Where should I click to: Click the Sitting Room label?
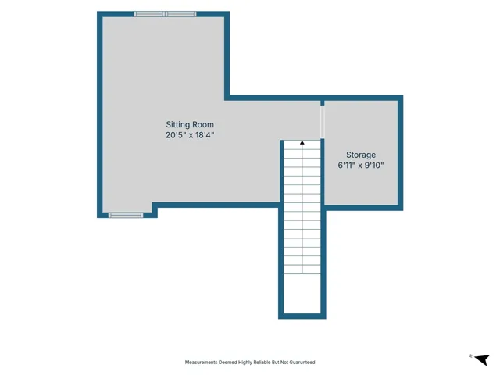[x=190, y=125]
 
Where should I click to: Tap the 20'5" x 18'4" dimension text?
[x=190, y=135]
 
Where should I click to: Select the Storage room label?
[x=361, y=155]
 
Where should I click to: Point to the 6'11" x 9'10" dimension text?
[x=361, y=165]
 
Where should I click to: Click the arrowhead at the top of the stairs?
[x=302, y=142]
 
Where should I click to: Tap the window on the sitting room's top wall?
[x=165, y=14]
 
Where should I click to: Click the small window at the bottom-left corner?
[x=126, y=216]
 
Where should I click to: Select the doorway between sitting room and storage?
[x=323, y=123]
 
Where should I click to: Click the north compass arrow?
[x=482, y=359]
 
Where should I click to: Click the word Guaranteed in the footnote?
[x=301, y=362]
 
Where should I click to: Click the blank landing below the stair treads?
[x=302, y=294]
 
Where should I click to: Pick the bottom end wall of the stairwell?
[x=302, y=316]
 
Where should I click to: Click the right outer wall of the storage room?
[x=401, y=153]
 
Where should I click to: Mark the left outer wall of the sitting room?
[x=100, y=115]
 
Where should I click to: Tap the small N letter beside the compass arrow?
[x=470, y=356]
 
